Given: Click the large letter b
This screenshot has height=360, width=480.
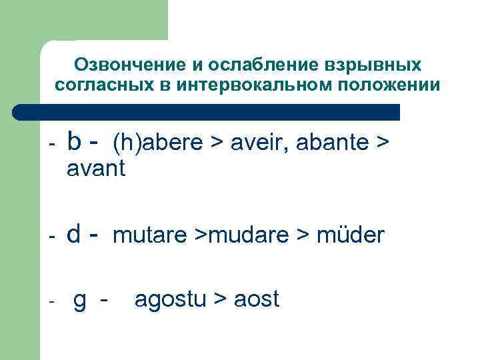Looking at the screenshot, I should click(x=75, y=141).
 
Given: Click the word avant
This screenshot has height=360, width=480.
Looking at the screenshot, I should click(x=96, y=169).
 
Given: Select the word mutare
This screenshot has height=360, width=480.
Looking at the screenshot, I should click(x=150, y=235).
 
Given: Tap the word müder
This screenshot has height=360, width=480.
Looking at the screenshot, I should click(x=350, y=235).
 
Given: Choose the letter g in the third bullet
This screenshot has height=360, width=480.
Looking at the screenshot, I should click(x=79, y=301).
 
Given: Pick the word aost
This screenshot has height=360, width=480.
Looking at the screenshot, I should click(x=256, y=300).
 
